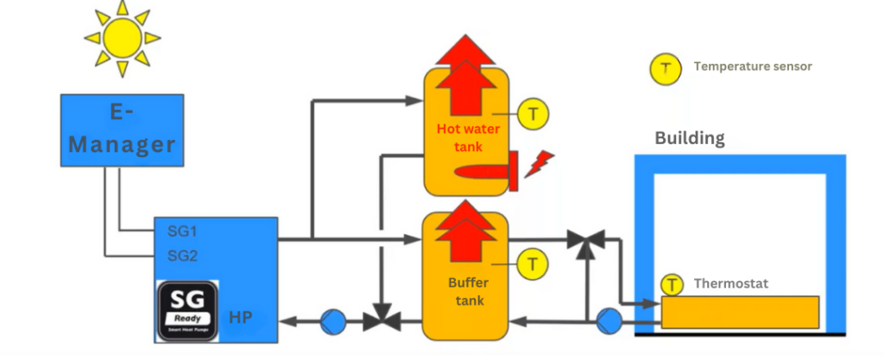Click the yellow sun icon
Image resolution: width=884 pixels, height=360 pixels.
(122, 37)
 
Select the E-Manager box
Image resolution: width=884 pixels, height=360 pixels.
(122, 130)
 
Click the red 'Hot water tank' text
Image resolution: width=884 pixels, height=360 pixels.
(465, 137)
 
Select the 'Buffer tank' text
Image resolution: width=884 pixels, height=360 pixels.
(467, 292)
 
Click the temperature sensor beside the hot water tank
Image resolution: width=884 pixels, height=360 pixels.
(534, 113)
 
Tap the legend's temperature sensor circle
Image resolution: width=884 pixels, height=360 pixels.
(666, 67)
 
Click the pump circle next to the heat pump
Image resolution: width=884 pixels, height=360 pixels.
(331, 321)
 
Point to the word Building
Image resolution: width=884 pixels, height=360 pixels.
(689, 138)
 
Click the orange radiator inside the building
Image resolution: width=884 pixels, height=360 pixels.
(740, 312)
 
